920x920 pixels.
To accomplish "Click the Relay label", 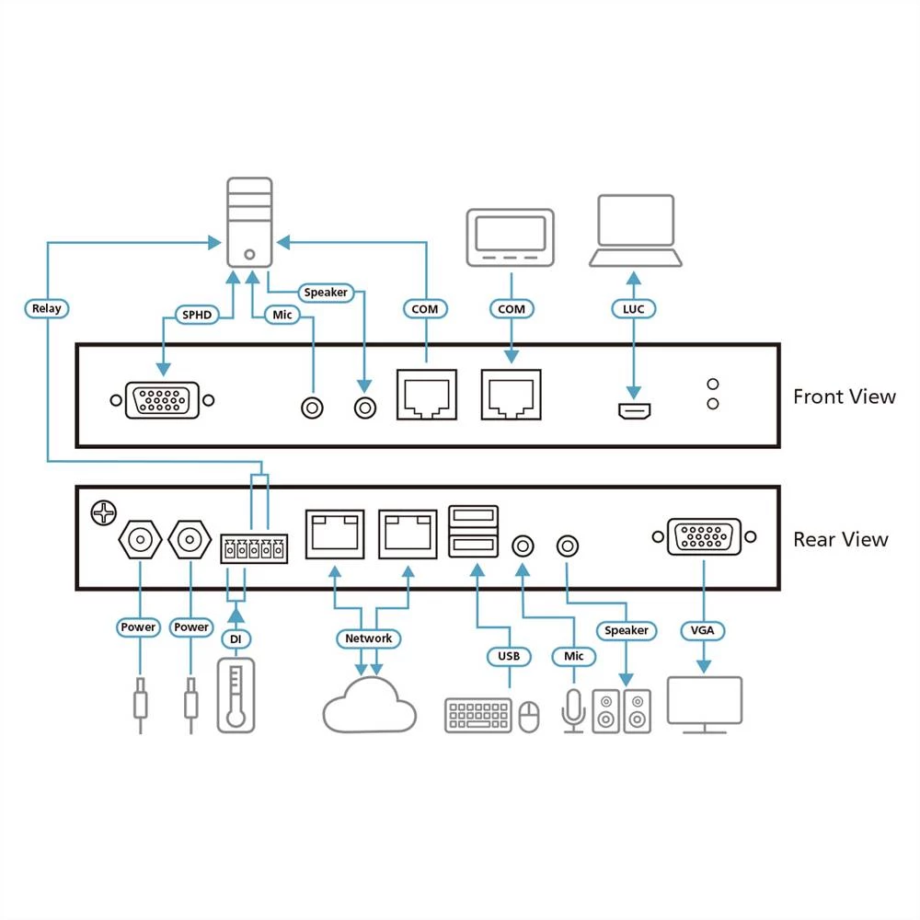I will point(46,308).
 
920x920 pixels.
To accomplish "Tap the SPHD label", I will point(196,316).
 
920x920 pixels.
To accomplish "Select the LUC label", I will point(633,309).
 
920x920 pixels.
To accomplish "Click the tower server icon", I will point(249,223).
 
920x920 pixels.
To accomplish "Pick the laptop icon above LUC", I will point(636,232).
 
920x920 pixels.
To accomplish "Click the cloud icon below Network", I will point(369,705).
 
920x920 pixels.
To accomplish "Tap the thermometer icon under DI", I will point(236,697).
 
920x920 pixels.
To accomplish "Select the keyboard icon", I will point(478,715).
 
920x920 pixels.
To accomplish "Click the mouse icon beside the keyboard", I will point(529,717).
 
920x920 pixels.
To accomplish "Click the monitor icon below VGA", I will point(704,705).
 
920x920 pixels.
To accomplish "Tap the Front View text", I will point(844,397).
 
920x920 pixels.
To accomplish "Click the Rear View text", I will point(840,539).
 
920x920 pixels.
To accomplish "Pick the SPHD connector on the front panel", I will point(162,401).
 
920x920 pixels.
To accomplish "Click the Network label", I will point(368,638).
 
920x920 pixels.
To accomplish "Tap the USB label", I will point(509,656).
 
